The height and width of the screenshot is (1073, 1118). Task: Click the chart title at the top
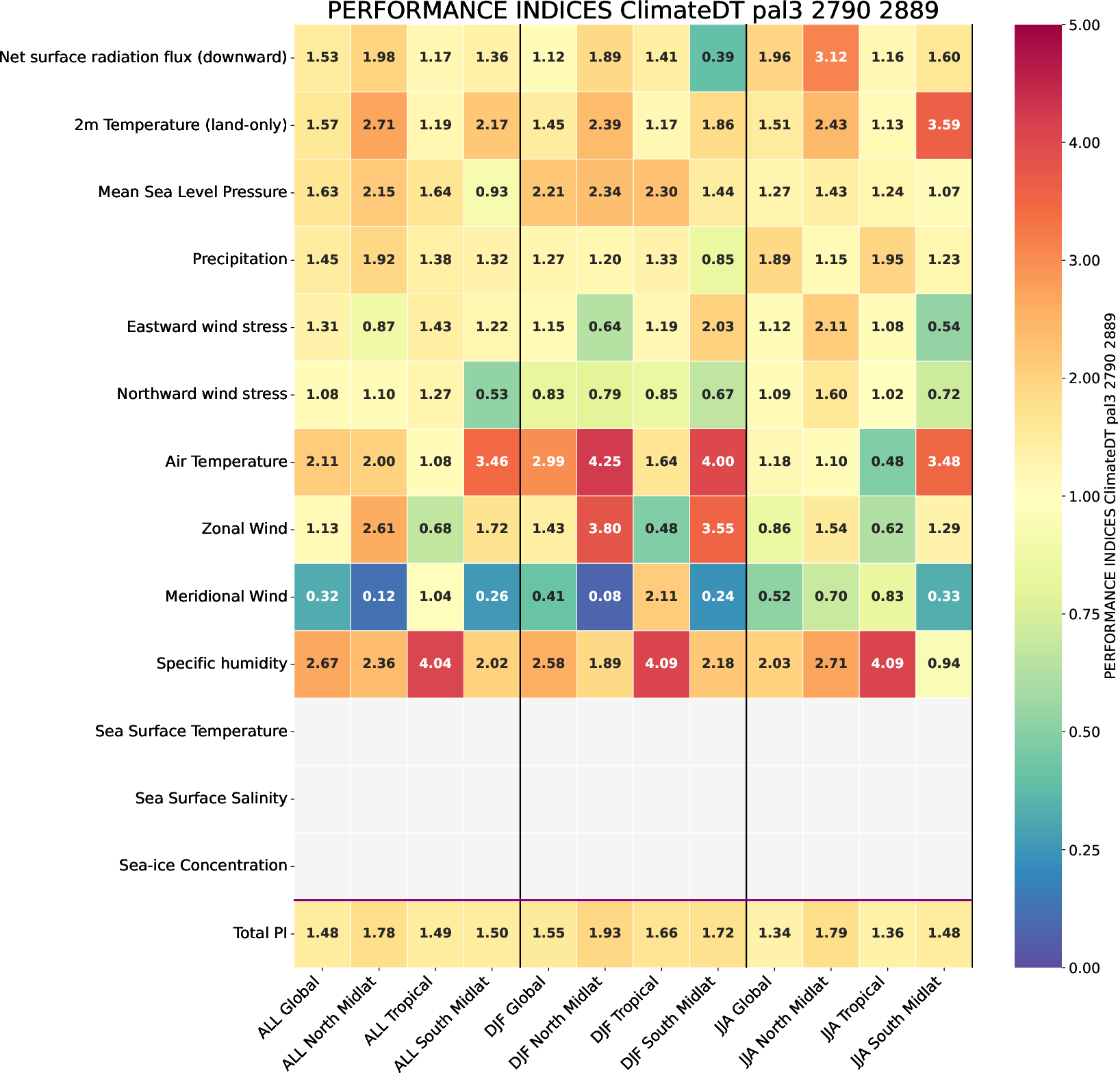point(633,12)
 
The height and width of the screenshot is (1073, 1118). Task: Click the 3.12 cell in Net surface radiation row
point(830,57)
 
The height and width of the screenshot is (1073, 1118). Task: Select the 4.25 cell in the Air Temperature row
point(605,461)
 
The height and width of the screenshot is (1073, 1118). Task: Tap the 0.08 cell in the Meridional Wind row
point(605,596)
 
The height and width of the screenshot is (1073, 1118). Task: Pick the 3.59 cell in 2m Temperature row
point(943,125)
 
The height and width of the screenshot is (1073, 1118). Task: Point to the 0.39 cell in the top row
point(717,57)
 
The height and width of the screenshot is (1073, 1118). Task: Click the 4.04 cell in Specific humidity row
point(435,663)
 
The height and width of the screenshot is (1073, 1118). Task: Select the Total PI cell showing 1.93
point(605,933)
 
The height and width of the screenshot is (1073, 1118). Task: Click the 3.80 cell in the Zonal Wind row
point(605,529)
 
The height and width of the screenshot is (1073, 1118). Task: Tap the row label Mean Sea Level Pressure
point(192,192)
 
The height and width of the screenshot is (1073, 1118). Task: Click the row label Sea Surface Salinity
point(211,799)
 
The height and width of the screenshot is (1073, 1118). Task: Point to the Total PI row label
point(259,933)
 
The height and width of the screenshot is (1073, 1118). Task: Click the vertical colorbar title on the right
point(1110,495)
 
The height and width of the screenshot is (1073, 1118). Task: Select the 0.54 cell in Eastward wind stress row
point(943,327)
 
